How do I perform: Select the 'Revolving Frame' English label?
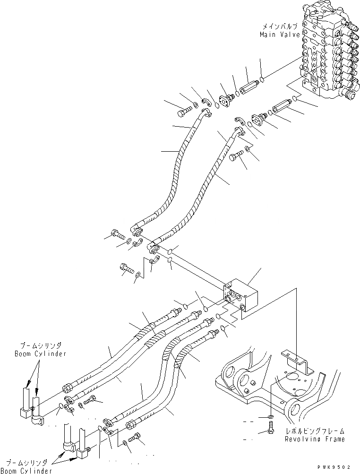point(314,439)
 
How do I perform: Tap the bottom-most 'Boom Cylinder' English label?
point(26,470)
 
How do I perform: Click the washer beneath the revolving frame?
point(268,418)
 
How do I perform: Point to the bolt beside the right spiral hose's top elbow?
point(236,157)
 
